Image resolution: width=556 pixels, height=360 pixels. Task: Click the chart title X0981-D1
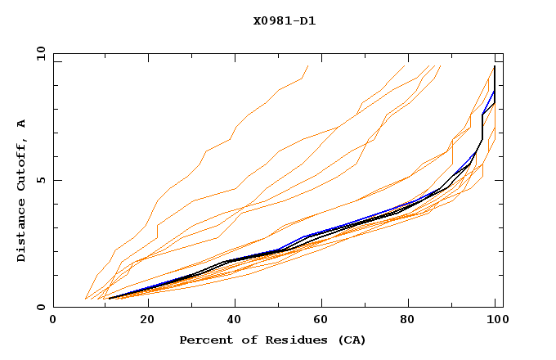click(x=284, y=20)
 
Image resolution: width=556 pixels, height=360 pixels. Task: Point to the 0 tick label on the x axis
click(x=53, y=321)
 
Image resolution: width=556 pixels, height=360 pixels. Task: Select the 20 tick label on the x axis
click(x=147, y=321)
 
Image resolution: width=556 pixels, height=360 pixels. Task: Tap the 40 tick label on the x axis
click(x=235, y=321)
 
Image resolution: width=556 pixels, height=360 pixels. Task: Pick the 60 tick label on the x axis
click(x=325, y=321)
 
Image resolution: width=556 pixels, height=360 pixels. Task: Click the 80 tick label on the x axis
click(x=413, y=321)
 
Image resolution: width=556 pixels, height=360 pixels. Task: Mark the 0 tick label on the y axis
click(x=40, y=308)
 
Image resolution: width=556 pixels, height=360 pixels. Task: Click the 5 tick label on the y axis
click(x=40, y=180)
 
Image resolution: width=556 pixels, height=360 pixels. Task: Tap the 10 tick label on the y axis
click(x=38, y=53)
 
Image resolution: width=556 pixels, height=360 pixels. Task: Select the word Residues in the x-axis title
click(x=294, y=340)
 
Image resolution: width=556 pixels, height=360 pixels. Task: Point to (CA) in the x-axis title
click(x=350, y=340)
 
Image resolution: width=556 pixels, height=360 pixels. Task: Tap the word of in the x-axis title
click(x=244, y=340)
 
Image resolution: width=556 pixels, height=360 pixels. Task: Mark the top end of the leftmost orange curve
click(x=307, y=65)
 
